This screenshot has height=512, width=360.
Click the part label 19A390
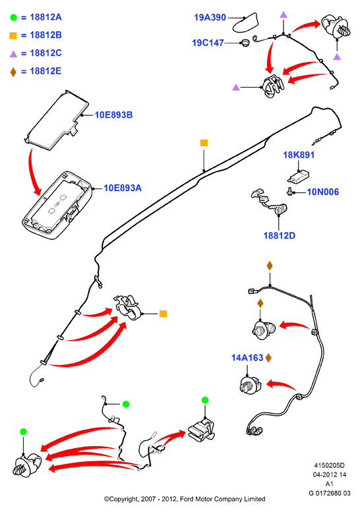click(x=210, y=17)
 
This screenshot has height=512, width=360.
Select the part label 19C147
click(x=208, y=43)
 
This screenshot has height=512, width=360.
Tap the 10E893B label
click(x=113, y=115)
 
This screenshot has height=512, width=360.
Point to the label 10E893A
click(x=123, y=188)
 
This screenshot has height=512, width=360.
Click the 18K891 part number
click(x=299, y=155)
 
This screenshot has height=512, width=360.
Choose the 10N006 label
click(x=323, y=192)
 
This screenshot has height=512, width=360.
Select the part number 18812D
click(x=280, y=235)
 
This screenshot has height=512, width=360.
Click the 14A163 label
click(x=247, y=358)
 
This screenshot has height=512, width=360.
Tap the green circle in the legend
click(x=13, y=18)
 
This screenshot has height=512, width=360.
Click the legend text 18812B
click(x=45, y=35)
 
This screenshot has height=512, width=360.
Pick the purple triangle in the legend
click(x=13, y=54)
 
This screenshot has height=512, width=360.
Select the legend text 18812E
click(x=45, y=71)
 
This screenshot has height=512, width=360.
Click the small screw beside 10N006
click(x=289, y=192)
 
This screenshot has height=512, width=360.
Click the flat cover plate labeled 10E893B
click(x=57, y=120)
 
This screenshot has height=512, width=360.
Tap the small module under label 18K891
click(x=298, y=177)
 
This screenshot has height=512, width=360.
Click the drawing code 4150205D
click(x=329, y=465)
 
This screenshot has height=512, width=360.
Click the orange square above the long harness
click(x=204, y=143)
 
